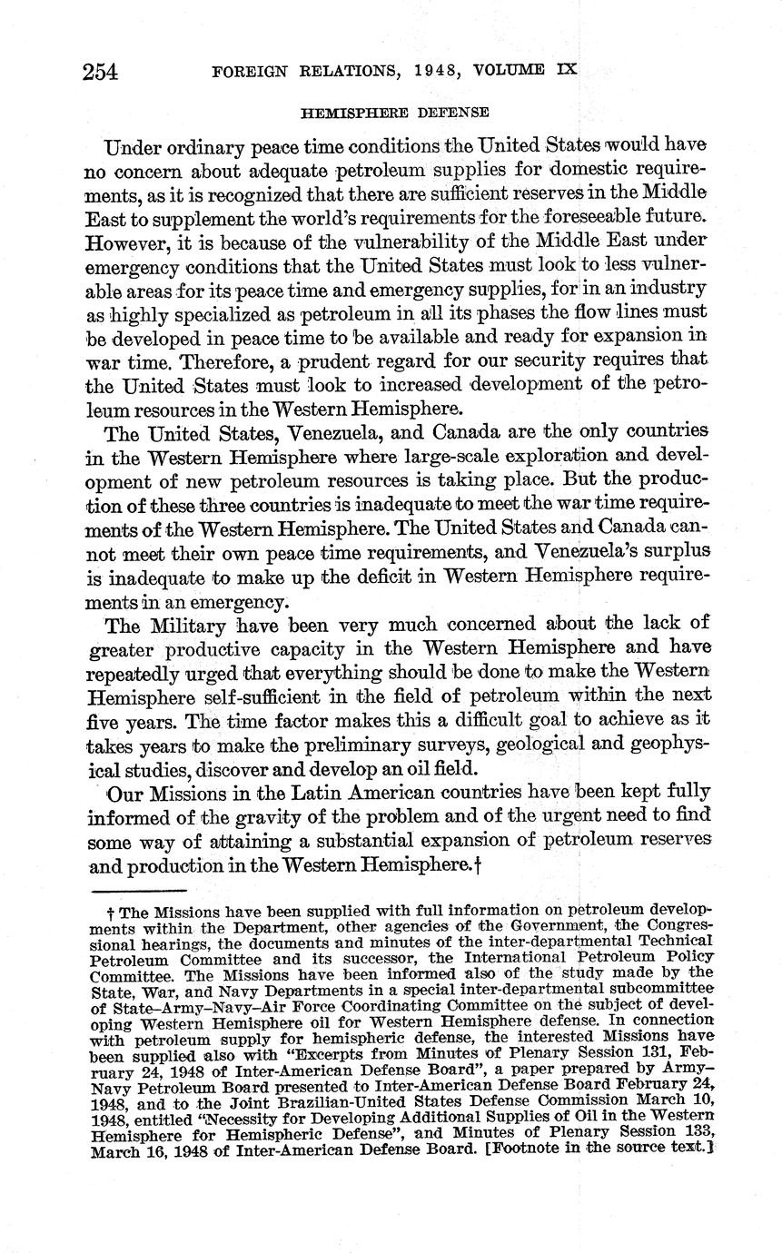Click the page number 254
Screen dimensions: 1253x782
coord(100,72)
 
